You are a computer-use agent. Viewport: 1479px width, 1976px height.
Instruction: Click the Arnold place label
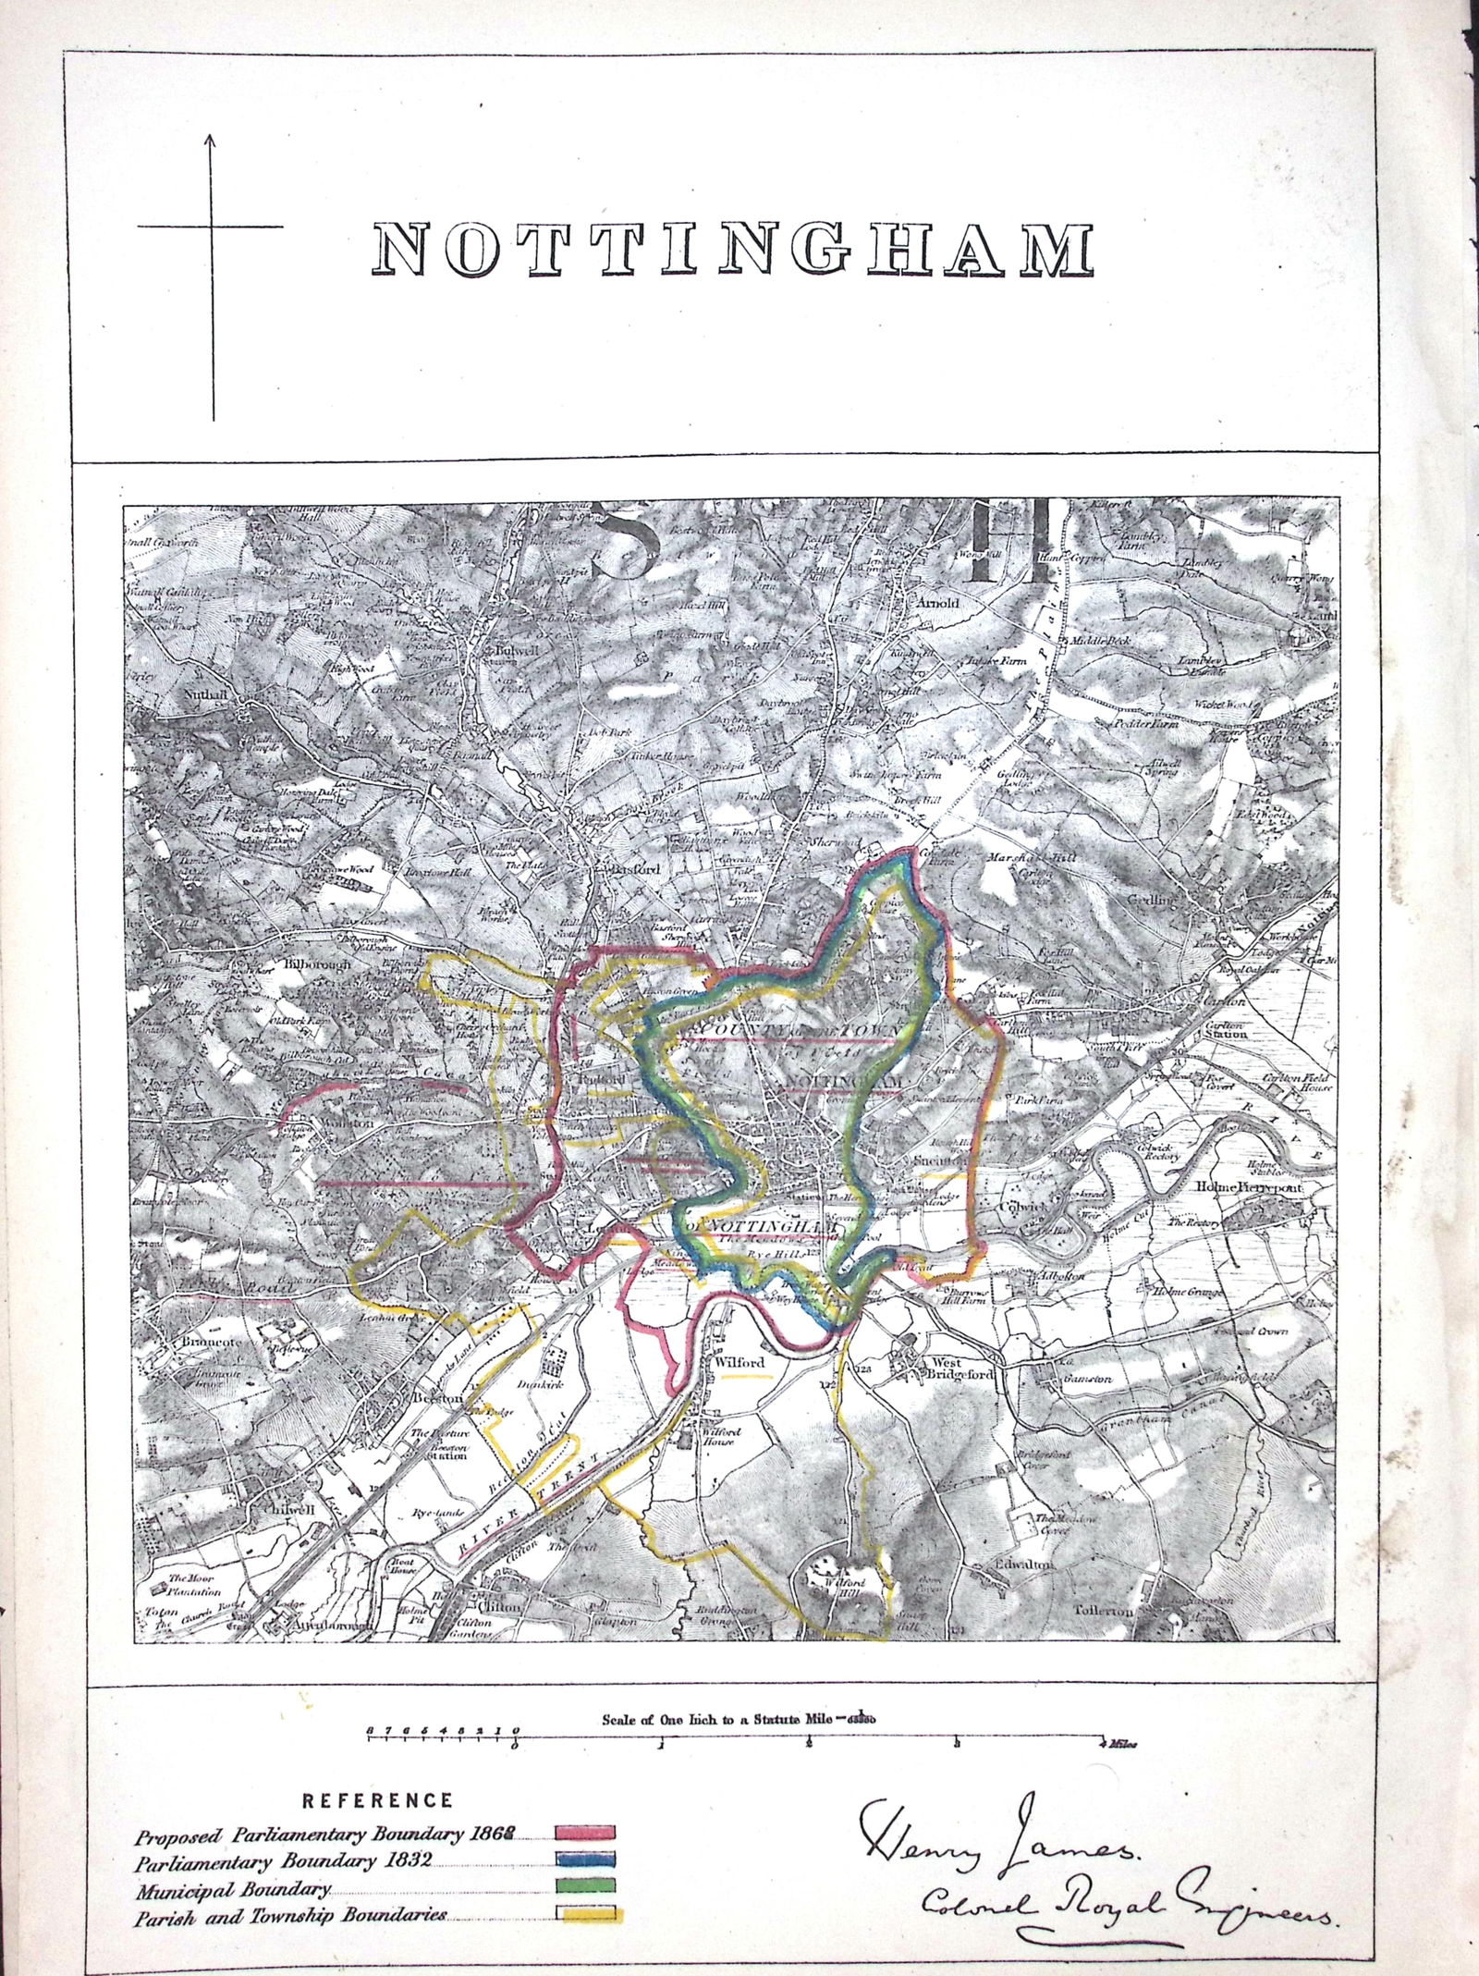coord(939,604)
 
